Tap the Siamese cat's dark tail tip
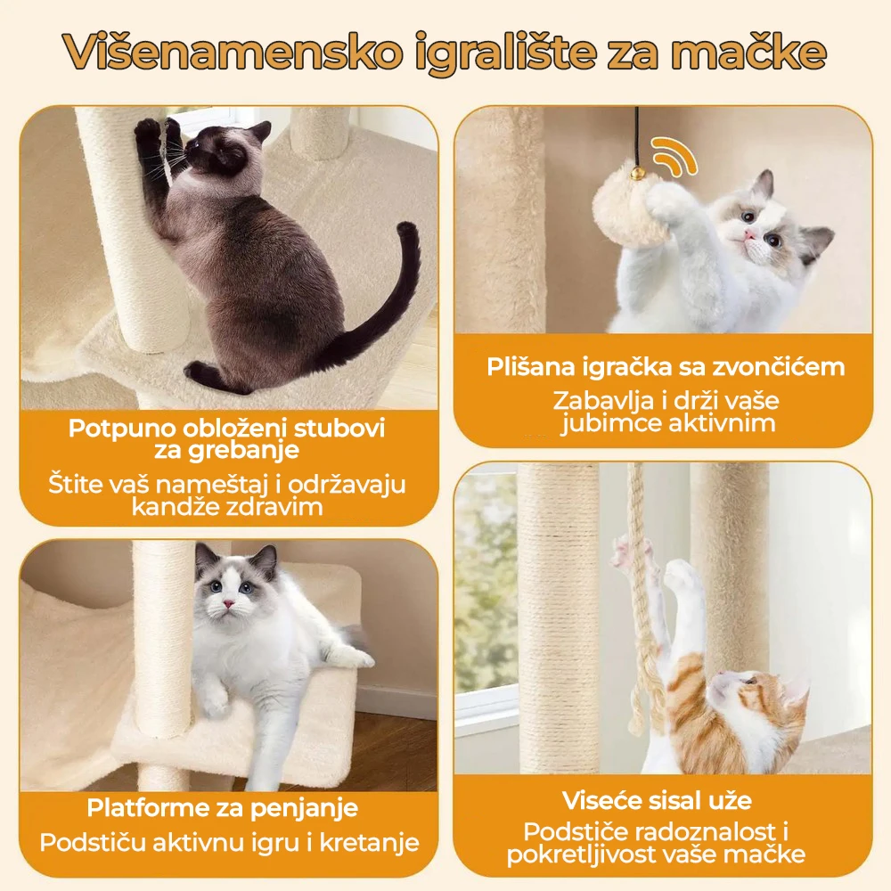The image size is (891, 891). click(x=408, y=230)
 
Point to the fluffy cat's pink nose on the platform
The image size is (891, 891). click(x=228, y=603)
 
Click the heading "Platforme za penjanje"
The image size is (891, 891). click(x=222, y=807)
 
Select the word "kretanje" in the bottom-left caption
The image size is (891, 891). click(x=370, y=842)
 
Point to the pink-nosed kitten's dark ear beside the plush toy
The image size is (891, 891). click(x=815, y=241)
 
